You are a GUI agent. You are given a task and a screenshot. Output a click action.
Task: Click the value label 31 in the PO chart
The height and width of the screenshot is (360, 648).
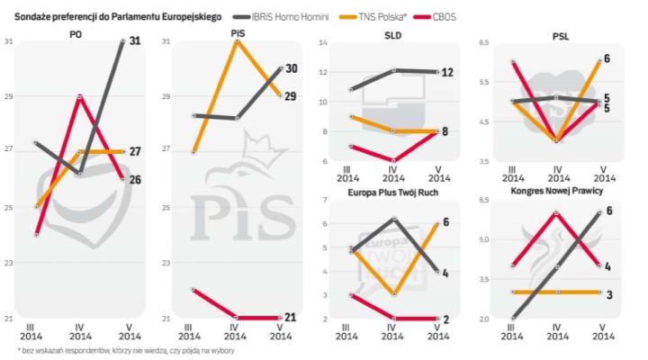(138, 41)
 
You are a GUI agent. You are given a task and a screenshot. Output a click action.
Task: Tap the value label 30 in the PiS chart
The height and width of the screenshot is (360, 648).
(291, 68)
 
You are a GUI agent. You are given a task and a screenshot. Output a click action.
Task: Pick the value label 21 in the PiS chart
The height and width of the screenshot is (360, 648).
(291, 318)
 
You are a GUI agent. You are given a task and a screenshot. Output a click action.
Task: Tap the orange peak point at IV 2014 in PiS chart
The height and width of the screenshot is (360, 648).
(236, 41)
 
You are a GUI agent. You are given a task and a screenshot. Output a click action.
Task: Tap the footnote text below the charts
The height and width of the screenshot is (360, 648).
(117, 350)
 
